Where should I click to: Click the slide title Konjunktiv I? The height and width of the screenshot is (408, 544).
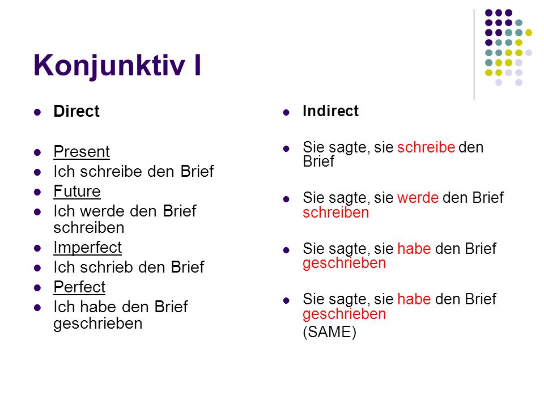coord(117,66)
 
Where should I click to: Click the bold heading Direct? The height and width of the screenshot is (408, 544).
coord(76,112)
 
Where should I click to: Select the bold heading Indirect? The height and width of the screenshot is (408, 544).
coord(330,111)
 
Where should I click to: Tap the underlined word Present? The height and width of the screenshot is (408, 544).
coord(82,152)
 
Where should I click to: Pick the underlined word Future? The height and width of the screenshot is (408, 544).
coord(77,191)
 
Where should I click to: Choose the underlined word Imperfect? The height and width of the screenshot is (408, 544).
coord(87,248)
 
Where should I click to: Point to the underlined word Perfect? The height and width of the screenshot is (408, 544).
coord(79,287)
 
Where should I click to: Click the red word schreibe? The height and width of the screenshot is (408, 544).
coord(426,147)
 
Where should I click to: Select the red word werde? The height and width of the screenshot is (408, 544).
coord(418,198)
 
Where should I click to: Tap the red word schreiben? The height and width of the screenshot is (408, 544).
coord(336,212)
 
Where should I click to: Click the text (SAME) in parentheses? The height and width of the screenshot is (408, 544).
coord(330,332)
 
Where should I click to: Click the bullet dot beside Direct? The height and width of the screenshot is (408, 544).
coord(37,112)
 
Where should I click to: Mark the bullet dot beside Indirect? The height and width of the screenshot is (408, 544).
coord(286,112)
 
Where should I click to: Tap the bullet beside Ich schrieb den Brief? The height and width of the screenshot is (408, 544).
coord(37,268)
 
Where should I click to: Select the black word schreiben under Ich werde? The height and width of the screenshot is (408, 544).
coord(89,228)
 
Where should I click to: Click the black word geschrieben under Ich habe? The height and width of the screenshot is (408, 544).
coord(98,324)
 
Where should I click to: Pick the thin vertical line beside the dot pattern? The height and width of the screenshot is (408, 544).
coord(474,55)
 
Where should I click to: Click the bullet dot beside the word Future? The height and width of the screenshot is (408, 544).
coord(37,192)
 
